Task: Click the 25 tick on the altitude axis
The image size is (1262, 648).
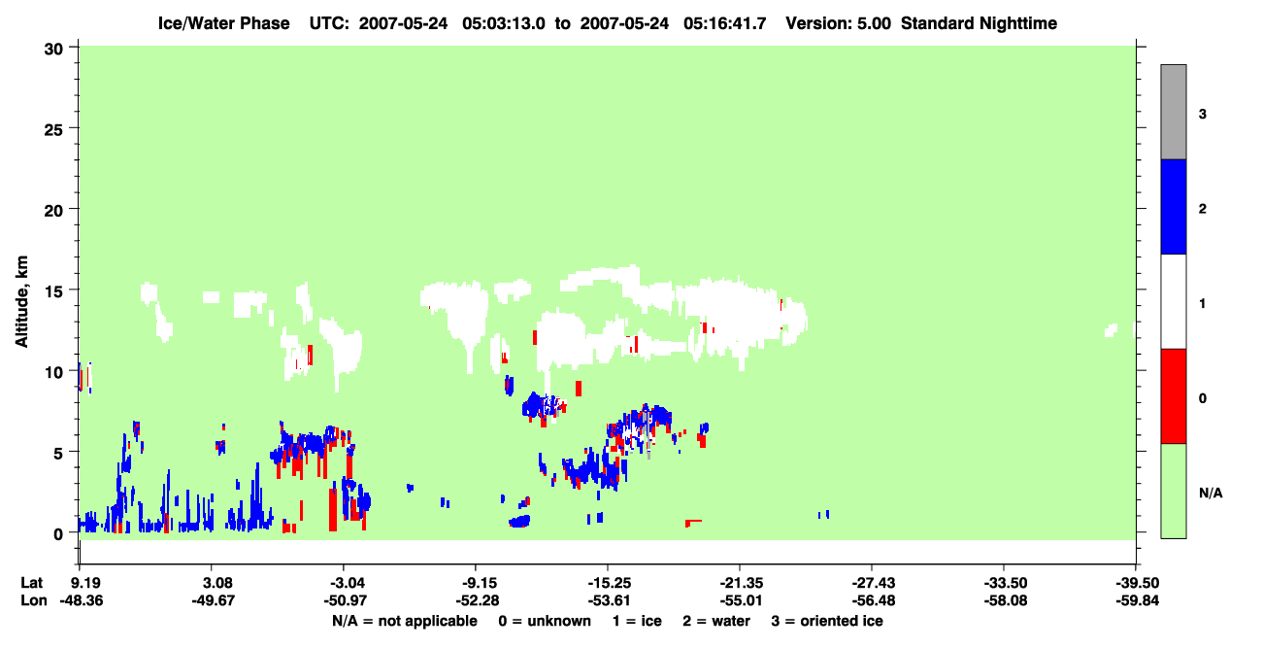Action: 74,128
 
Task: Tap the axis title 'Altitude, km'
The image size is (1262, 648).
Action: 21,302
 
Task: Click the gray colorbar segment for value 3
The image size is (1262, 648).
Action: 1174,112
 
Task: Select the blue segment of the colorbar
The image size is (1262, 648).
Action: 1174,206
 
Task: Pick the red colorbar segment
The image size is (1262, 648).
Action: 1174,396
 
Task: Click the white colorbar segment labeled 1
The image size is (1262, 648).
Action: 1174,301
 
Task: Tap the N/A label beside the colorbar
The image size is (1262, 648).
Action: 1211,494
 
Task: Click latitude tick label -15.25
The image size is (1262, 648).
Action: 609,583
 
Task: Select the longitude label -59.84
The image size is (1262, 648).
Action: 1138,600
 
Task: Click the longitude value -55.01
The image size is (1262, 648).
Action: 741,600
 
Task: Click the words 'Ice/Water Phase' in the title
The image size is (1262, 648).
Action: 223,23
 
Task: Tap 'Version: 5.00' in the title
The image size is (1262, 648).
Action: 839,23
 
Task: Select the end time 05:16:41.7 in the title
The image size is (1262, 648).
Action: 725,23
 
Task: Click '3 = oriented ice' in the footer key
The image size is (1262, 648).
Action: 827,621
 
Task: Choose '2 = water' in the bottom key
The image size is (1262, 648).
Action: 716,621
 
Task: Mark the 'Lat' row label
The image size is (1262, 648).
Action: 31,583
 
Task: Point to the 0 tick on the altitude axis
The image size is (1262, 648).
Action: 74,532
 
